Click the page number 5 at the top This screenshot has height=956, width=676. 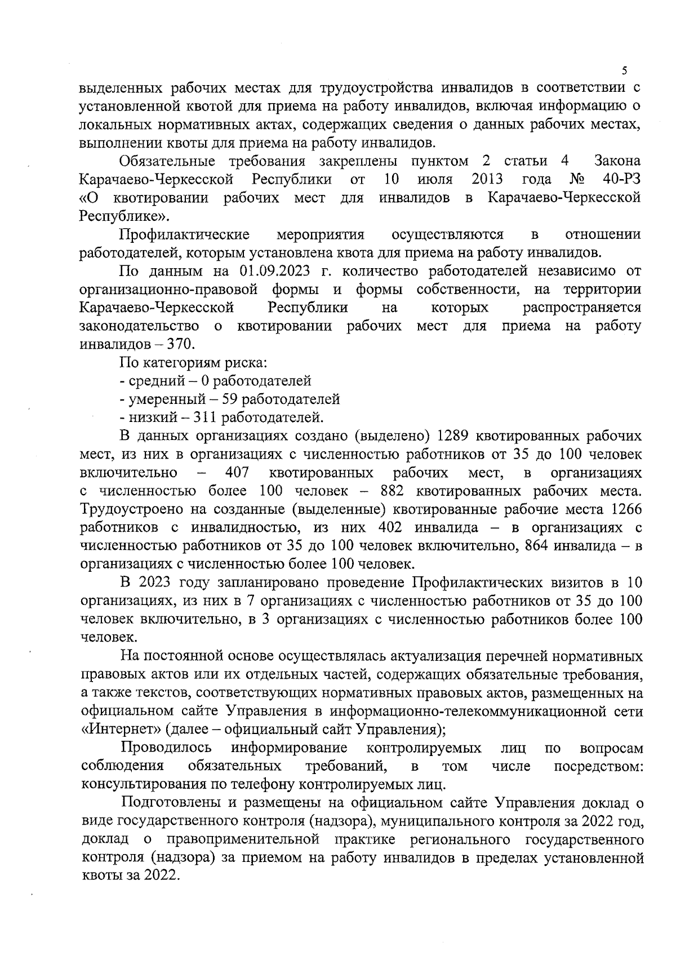(x=624, y=71)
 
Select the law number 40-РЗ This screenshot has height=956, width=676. (x=621, y=180)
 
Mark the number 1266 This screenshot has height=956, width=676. (x=625, y=509)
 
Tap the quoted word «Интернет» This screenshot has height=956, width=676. (x=121, y=730)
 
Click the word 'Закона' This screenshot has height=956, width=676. (x=617, y=162)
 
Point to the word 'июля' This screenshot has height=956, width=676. (x=435, y=180)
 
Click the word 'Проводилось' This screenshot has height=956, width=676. (x=167, y=748)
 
